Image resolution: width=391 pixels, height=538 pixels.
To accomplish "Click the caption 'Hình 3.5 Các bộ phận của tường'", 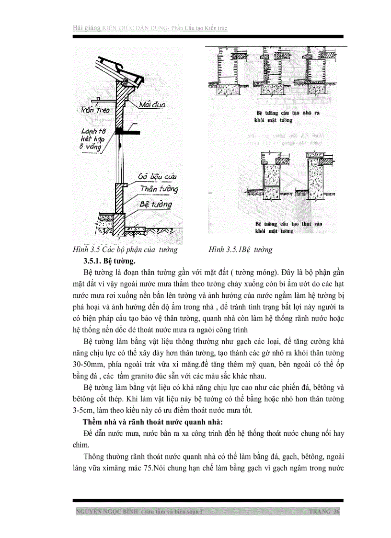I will click(x=125, y=250).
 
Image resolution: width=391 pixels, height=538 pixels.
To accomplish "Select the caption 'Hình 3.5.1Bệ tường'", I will click(x=240, y=250).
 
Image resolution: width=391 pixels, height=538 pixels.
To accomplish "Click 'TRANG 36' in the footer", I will click(x=324, y=512).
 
